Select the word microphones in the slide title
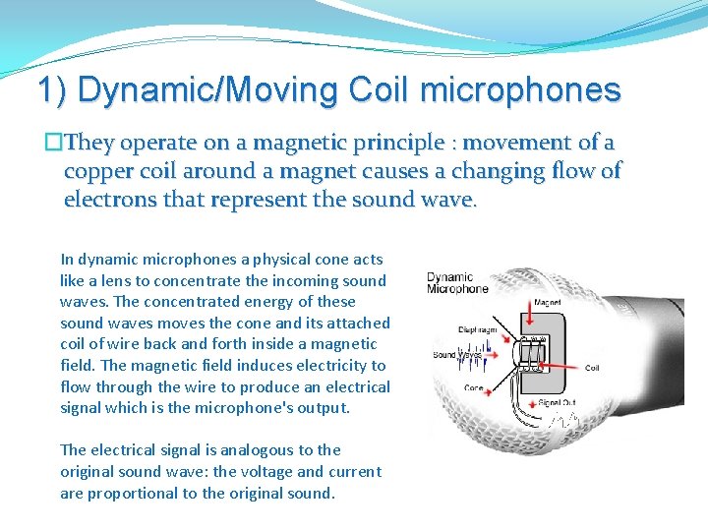tap(520, 90)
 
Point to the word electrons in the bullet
tap(104, 200)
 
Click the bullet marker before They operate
tap(52, 143)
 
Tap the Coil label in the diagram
tap(591, 369)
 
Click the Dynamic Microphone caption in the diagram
tap(457, 283)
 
